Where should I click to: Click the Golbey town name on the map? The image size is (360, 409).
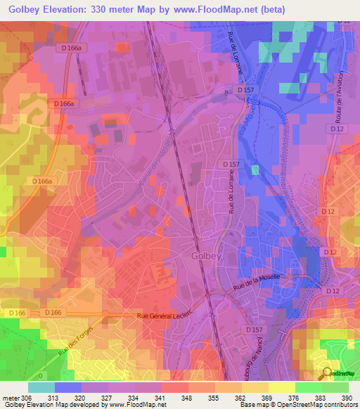click(x=206, y=257)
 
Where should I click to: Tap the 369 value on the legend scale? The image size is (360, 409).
click(x=269, y=397)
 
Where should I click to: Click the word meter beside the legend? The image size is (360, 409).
click(x=11, y=397)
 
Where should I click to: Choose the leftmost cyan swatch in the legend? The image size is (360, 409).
click(x=41, y=387)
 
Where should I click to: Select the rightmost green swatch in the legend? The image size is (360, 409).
click(x=335, y=387)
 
